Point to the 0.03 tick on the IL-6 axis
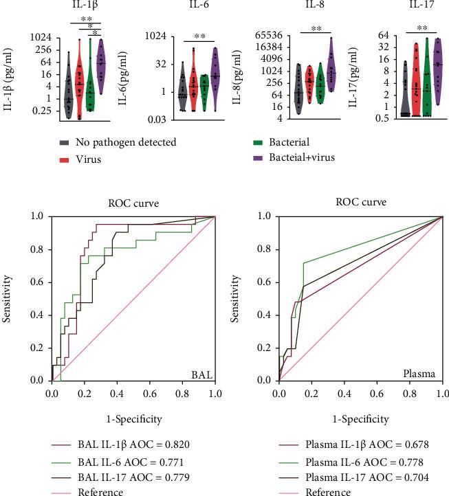tap(162, 120)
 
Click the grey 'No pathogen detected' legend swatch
tap(63, 142)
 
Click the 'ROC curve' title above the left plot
tap(133, 203)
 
